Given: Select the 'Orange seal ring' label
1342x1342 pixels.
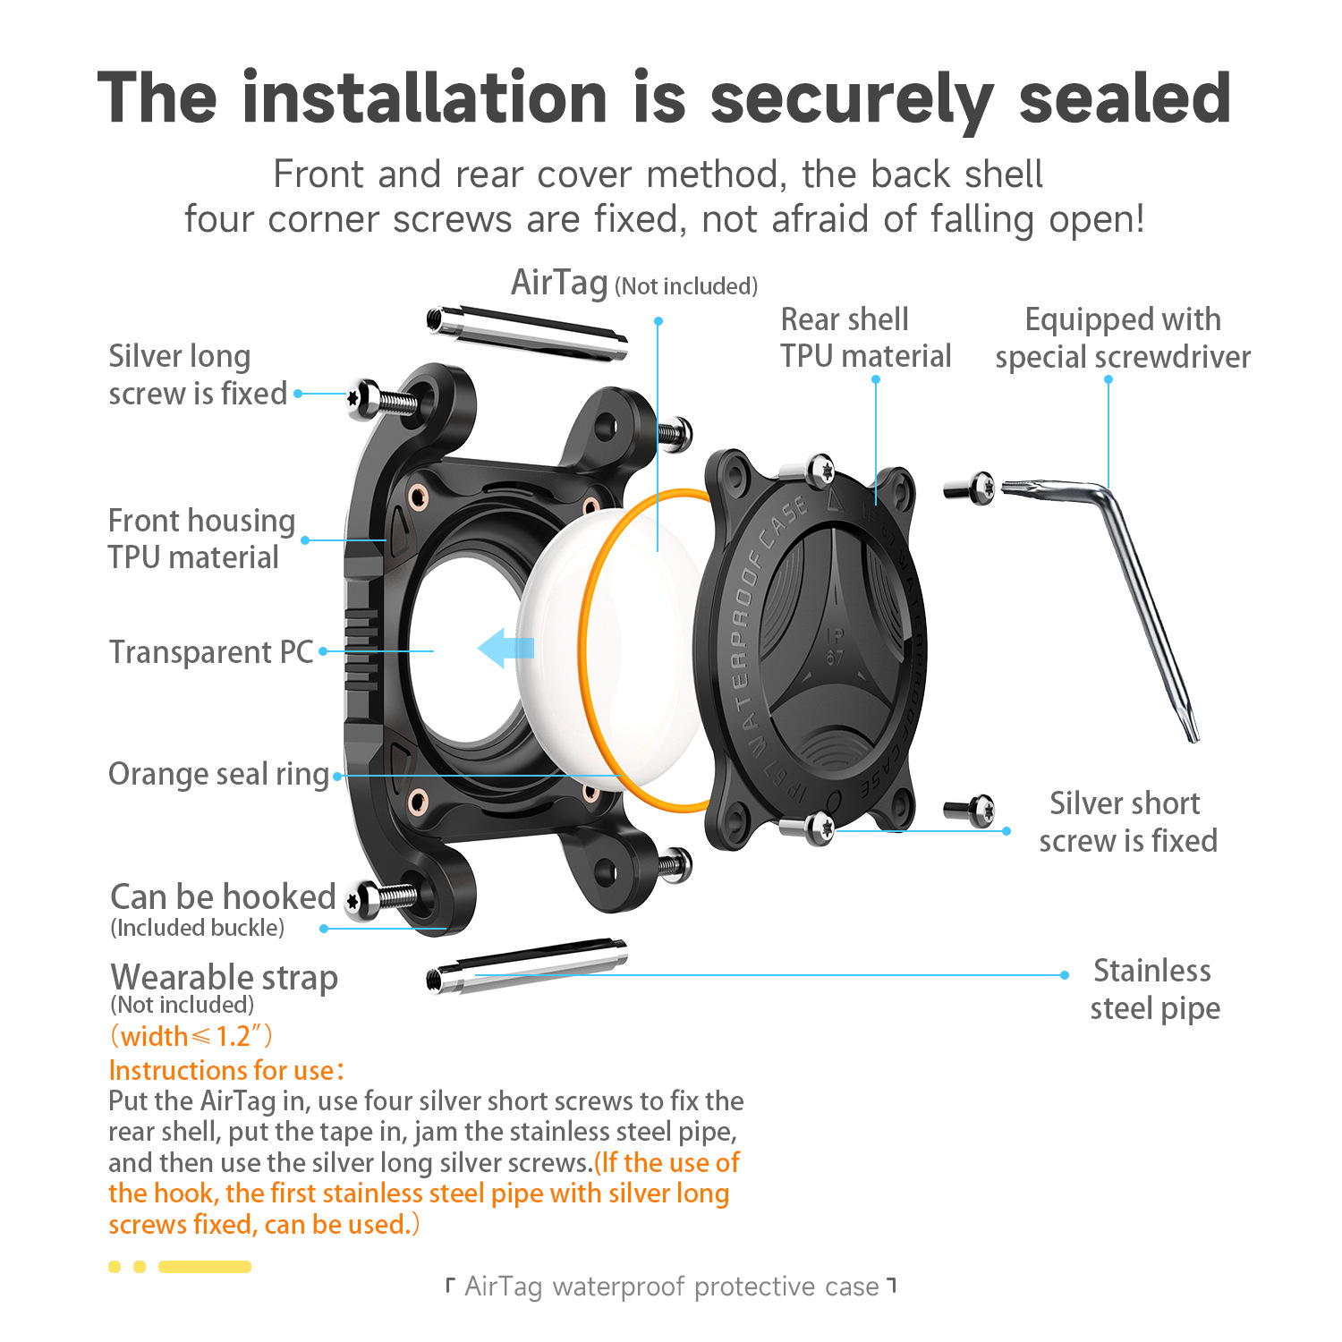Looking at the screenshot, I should tap(219, 774).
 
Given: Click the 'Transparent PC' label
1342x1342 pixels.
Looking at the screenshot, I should tap(211, 652).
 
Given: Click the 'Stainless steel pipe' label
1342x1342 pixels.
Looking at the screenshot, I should tap(1154, 990).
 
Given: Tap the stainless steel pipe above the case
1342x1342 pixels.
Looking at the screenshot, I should tap(527, 333).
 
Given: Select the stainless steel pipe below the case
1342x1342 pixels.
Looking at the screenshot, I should tap(527, 965).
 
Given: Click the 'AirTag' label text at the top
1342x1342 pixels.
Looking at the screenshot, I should tap(559, 284).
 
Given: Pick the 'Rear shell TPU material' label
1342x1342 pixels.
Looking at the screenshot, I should tap(864, 338).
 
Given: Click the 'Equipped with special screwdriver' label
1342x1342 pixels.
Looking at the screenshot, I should tap(1123, 338).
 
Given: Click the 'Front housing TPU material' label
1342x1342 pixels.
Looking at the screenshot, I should tap(201, 539).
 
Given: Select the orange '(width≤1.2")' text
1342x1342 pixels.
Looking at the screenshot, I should tap(191, 1036).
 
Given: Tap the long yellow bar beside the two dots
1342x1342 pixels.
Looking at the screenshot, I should tap(204, 1267).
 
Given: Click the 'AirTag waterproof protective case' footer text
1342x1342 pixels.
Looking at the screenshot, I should tap(671, 1287).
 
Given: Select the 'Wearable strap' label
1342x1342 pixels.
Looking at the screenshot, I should tap(224, 977).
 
